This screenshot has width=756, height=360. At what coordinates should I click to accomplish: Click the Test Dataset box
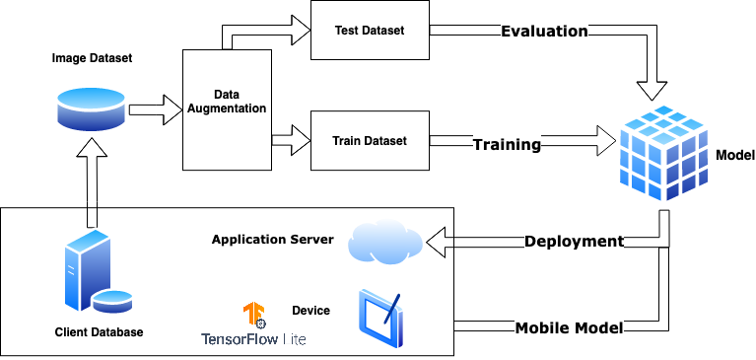[370, 31]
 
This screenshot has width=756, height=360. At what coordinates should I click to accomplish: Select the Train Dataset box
[370, 141]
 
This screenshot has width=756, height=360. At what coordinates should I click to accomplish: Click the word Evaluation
[544, 32]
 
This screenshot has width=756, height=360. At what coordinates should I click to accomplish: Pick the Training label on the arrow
[507, 145]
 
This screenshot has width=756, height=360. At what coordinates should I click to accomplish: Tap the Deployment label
[574, 242]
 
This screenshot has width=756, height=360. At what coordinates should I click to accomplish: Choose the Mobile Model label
[570, 327]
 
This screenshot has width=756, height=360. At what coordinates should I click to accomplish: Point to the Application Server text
[273, 240]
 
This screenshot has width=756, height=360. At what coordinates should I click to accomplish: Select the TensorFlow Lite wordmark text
[252, 339]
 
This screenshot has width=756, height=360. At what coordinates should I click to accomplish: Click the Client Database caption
[99, 332]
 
